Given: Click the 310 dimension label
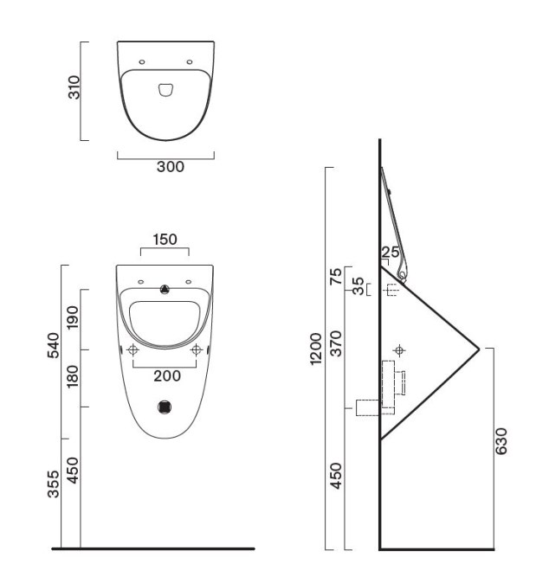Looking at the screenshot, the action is pyautogui.click(x=74, y=87).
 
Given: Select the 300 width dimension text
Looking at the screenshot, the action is pyautogui.click(x=171, y=167).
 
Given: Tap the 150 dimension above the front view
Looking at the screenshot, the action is pyautogui.click(x=165, y=240).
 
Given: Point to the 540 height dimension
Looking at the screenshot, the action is pyautogui.click(x=53, y=345).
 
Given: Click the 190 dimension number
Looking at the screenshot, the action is pyautogui.click(x=73, y=317).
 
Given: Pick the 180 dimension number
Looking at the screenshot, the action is pyautogui.click(x=73, y=376).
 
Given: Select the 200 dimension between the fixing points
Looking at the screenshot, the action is pyautogui.click(x=167, y=376).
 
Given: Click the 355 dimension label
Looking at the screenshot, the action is pyautogui.click(x=53, y=484).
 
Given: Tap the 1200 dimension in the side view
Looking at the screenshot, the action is pyautogui.click(x=315, y=349).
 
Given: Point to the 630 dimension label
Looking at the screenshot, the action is pyautogui.click(x=501, y=441).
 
